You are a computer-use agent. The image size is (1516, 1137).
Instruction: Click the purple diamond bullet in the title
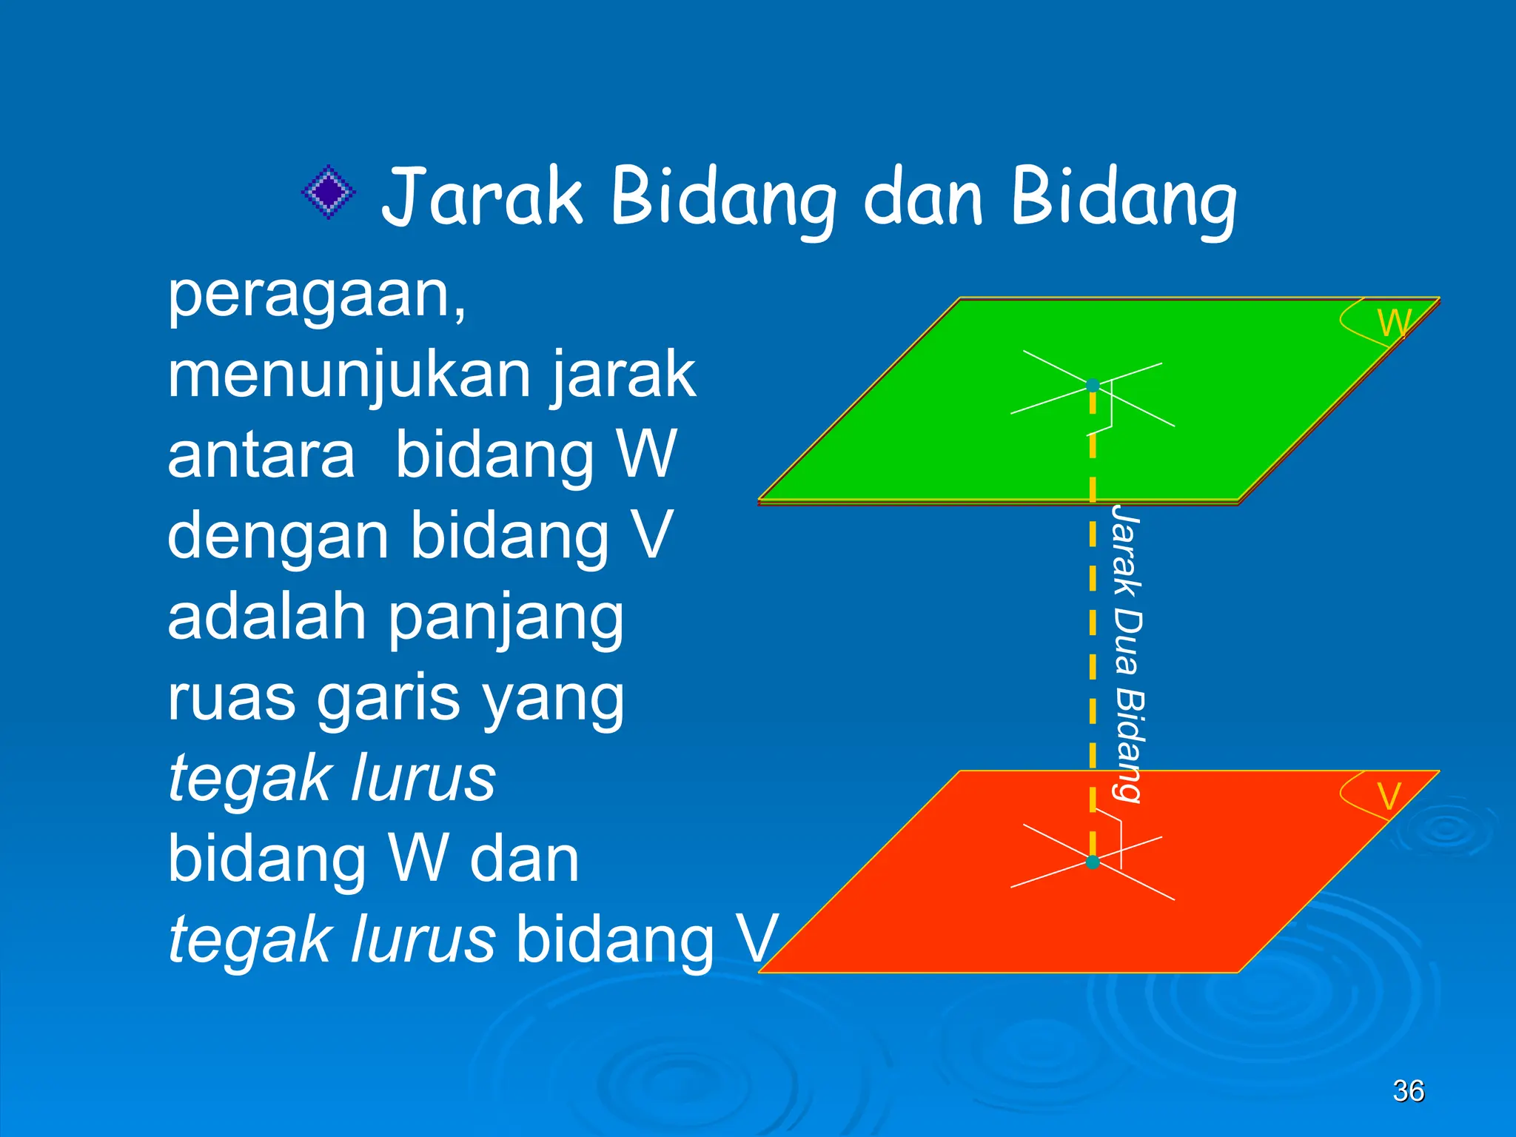(329, 192)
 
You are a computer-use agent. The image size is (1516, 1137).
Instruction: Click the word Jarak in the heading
(482, 196)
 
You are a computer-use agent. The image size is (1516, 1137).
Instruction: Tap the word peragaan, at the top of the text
(317, 296)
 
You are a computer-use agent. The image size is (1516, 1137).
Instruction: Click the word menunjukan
(351, 375)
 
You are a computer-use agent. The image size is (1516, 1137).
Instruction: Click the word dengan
(278, 537)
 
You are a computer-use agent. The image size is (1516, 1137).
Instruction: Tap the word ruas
(231, 700)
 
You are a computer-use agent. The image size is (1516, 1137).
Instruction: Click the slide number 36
(1408, 1091)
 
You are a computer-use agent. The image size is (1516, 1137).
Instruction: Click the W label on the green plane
(1393, 323)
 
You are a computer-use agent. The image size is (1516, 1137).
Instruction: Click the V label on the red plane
(1389, 797)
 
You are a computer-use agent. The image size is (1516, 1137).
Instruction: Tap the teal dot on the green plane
(1093, 385)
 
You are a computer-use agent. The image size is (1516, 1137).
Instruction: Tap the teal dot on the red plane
(1093, 862)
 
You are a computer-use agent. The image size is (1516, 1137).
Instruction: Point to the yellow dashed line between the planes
(1093, 637)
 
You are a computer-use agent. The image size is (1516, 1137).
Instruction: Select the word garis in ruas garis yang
(388, 700)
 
